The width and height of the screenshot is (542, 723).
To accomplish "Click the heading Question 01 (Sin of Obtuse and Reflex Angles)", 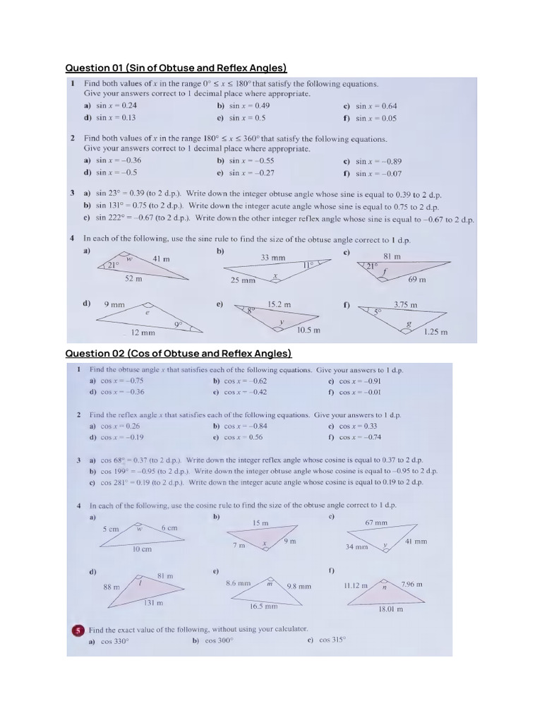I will tap(176, 68).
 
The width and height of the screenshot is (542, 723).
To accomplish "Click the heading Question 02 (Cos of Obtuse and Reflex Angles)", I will tap(179, 353).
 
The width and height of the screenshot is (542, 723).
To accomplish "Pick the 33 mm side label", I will tap(273, 258).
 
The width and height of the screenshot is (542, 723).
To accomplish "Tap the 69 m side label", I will tap(418, 280).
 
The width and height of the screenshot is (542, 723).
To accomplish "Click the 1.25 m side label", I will tap(435, 332).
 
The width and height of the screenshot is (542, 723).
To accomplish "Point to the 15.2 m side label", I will tap(279, 304).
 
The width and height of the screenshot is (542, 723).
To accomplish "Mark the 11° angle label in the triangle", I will tap(308, 265).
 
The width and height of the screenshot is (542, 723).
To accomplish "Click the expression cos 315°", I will tap(332, 640).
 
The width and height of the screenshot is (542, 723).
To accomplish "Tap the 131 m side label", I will tap(153, 603).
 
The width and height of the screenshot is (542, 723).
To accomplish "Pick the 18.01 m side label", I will tap(390, 609).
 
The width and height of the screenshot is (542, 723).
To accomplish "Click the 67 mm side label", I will tap(376, 522).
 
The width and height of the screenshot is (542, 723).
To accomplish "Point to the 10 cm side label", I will tap(142, 549).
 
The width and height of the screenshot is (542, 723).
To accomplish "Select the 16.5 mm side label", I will tap(264, 606).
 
